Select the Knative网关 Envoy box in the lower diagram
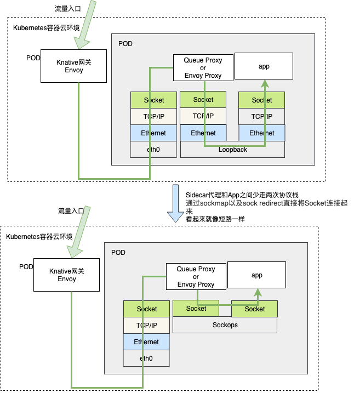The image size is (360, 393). pyautogui.click(x=67, y=275)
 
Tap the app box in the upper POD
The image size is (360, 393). pyautogui.click(x=264, y=66)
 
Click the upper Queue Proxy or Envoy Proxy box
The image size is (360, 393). pyautogui.click(x=203, y=68)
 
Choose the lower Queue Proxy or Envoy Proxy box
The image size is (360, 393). pyautogui.click(x=196, y=277)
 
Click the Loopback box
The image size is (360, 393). pyautogui.click(x=233, y=150)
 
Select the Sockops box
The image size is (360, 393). pyautogui.click(x=225, y=325)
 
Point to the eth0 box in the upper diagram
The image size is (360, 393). pyautogui.click(x=153, y=150)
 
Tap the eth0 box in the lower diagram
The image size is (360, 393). pyautogui.click(x=146, y=358)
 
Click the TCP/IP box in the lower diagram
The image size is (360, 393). pyautogui.click(x=146, y=325)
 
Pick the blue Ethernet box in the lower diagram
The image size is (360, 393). pyautogui.click(x=146, y=341)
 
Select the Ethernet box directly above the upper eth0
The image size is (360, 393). pyautogui.click(x=153, y=133)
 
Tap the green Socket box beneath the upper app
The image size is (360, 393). pyautogui.click(x=262, y=100)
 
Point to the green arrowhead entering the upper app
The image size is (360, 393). pyautogui.click(x=265, y=83)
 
